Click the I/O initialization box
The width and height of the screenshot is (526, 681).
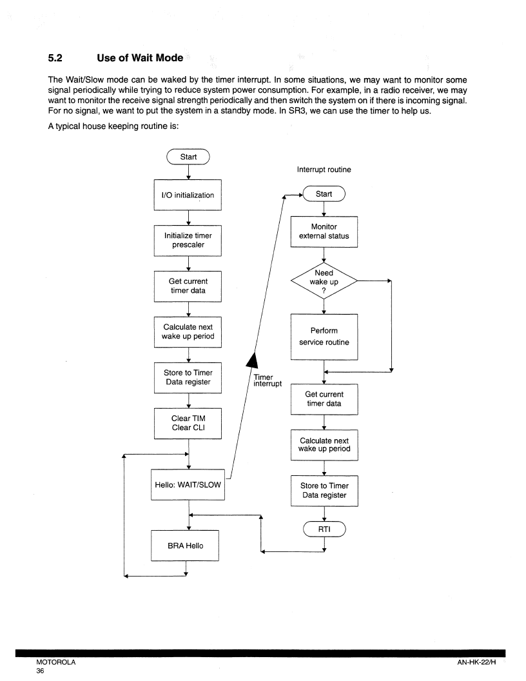point(188,195)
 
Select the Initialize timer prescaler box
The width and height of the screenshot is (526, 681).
point(188,240)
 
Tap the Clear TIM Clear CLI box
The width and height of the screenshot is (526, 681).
point(188,423)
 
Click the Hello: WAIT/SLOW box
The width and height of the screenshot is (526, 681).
point(188,485)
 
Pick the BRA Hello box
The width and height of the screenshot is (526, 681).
point(185,546)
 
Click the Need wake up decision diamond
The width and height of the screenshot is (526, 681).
point(324,281)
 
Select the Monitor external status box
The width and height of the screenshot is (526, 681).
point(324,232)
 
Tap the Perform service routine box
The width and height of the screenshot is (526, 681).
point(324,337)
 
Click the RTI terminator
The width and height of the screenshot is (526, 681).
point(324,529)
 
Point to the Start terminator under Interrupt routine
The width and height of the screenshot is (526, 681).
point(324,193)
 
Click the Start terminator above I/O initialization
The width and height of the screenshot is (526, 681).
point(188,157)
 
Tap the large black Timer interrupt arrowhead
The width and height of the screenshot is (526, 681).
point(252,360)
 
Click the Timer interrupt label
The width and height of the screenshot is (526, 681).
point(268,380)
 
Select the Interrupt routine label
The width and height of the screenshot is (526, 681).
point(324,170)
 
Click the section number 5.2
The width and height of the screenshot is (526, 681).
point(55,58)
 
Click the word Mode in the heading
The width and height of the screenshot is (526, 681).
point(170,58)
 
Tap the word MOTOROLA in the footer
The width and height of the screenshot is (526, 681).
point(55,662)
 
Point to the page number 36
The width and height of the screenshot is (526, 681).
point(40,671)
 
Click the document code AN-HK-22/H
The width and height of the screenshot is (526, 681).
point(476,662)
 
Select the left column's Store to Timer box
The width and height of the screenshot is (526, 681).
point(188,377)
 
